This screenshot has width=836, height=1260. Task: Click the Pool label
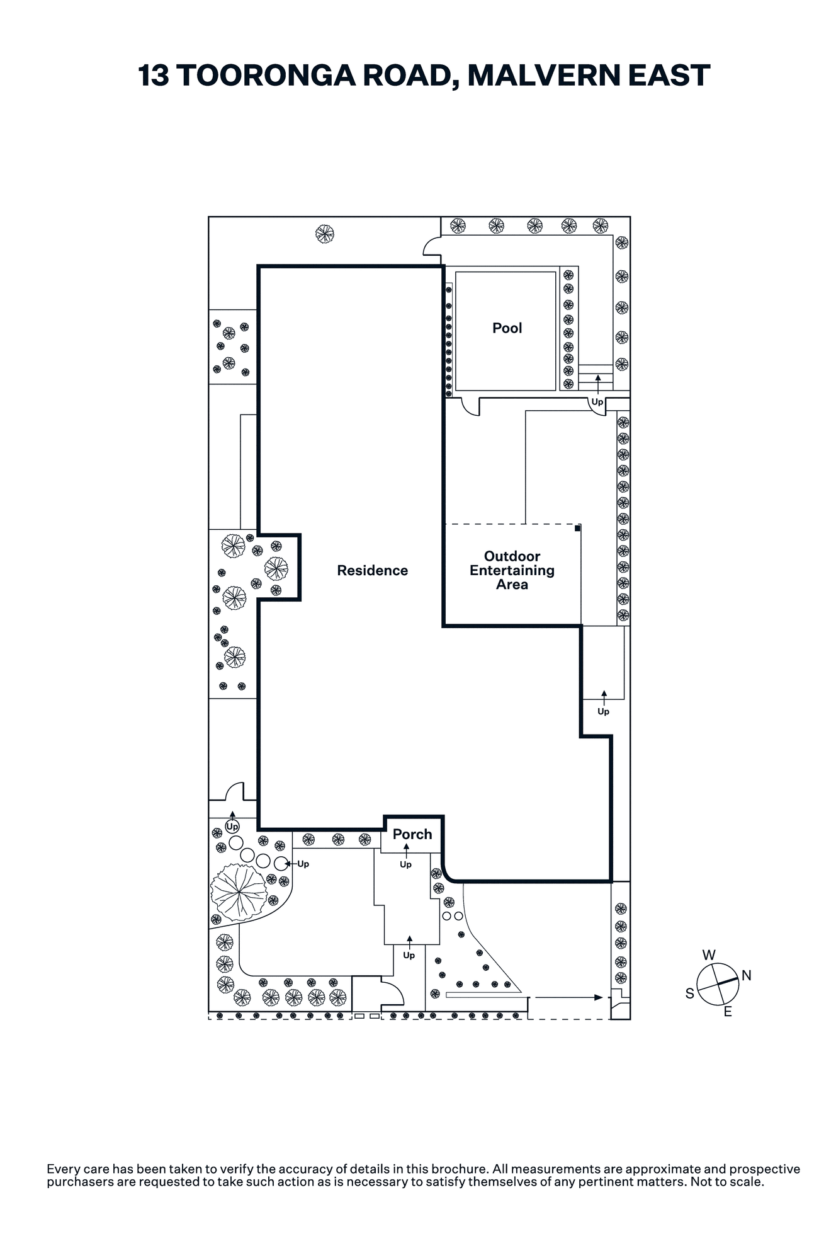pyautogui.click(x=507, y=328)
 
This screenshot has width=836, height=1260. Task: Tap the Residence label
pyautogui.click(x=372, y=570)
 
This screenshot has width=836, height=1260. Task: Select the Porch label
pyautogui.click(x=412, y=834)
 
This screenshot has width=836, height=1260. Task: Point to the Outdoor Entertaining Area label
pyautogui.click(x=512, y=570)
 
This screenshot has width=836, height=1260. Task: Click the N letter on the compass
pyautogui.click(x=747, y=976)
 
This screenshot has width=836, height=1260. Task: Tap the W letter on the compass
pyautogui.click(x=709, y=955)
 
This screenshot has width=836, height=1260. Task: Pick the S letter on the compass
pyautogui.click(x=690, y=994)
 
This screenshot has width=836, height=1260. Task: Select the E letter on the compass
pyautogui.click(x=728, y=1012)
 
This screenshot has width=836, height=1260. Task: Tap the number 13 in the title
pyautogui.click(x=153, y=76)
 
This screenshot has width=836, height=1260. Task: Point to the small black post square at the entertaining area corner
pyautogui.click(x=577, y=529)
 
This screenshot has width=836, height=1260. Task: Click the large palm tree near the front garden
pyautogui.click(x=239, y=893)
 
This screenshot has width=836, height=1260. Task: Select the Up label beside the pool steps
pyautogui.click(x=597, y=402)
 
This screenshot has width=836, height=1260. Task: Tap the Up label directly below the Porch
pyautogui.click(x=405, y=864)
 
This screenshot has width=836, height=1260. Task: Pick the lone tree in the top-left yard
pyautogui.click(x=325, y=234)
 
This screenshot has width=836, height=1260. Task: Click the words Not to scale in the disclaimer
pyautogui.click(x=727, y=1181)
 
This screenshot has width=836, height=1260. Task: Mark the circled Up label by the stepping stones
pyautogui.click(x=232, y=826)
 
